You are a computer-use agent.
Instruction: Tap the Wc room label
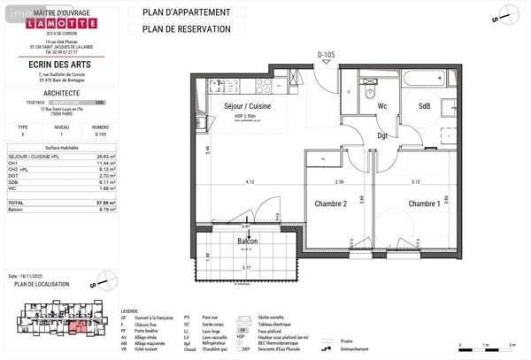pos(382,107)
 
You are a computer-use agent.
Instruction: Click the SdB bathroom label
pos(424,107)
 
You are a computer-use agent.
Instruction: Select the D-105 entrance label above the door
pos(327,55)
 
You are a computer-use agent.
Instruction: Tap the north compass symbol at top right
pos(505,11)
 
